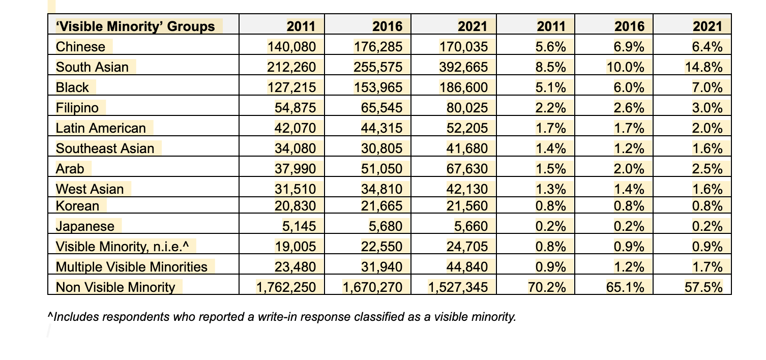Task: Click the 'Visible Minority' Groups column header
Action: tap(135, 26)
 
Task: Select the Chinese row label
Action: tap(80, 47)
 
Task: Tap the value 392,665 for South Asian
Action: tap(463, 67)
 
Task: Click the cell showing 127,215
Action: tap(291, 87)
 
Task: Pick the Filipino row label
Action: tap(77, 108)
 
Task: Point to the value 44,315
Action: tap(381, 128)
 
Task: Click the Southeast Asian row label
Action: tap(105, 148)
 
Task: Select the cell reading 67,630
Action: tap(467, 169)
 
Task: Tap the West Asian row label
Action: tap(90, 189)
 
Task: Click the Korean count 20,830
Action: tap(295, 206)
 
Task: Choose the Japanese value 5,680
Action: tap(386, 226)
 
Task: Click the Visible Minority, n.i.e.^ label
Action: tap(122, 247)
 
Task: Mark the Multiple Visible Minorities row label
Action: tap(131, 266)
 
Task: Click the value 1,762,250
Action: tap(286, 287)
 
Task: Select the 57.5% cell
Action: tap(703, 287)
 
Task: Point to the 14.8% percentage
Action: tap(703, 67)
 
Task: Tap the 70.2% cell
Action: tap(547, 287)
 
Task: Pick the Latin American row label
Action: tap(101, 128)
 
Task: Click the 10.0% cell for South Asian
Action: tap(625, 67)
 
